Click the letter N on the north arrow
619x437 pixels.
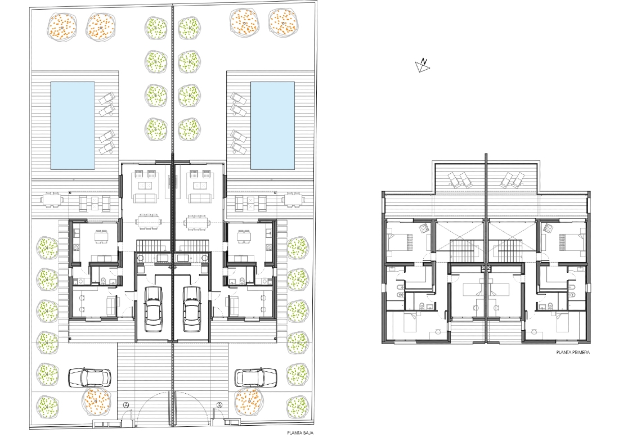pos(424,61)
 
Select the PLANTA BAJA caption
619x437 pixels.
pos(300,433)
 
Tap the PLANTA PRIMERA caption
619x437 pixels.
pos(573,352)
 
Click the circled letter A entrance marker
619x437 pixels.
pos(126,404)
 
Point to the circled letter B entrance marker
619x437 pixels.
pos(219,404)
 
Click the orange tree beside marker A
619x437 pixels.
pos(96,402)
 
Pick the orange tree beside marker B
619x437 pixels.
pos(249,402)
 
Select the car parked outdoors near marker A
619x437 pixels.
pos(89,378)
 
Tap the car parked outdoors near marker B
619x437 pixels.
pos(255,378)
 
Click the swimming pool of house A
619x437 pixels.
pos(73,125)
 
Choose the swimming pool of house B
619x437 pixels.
pos(273,125)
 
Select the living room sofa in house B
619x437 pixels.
pos(199,197)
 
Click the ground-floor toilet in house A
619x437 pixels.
pos(104,281)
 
